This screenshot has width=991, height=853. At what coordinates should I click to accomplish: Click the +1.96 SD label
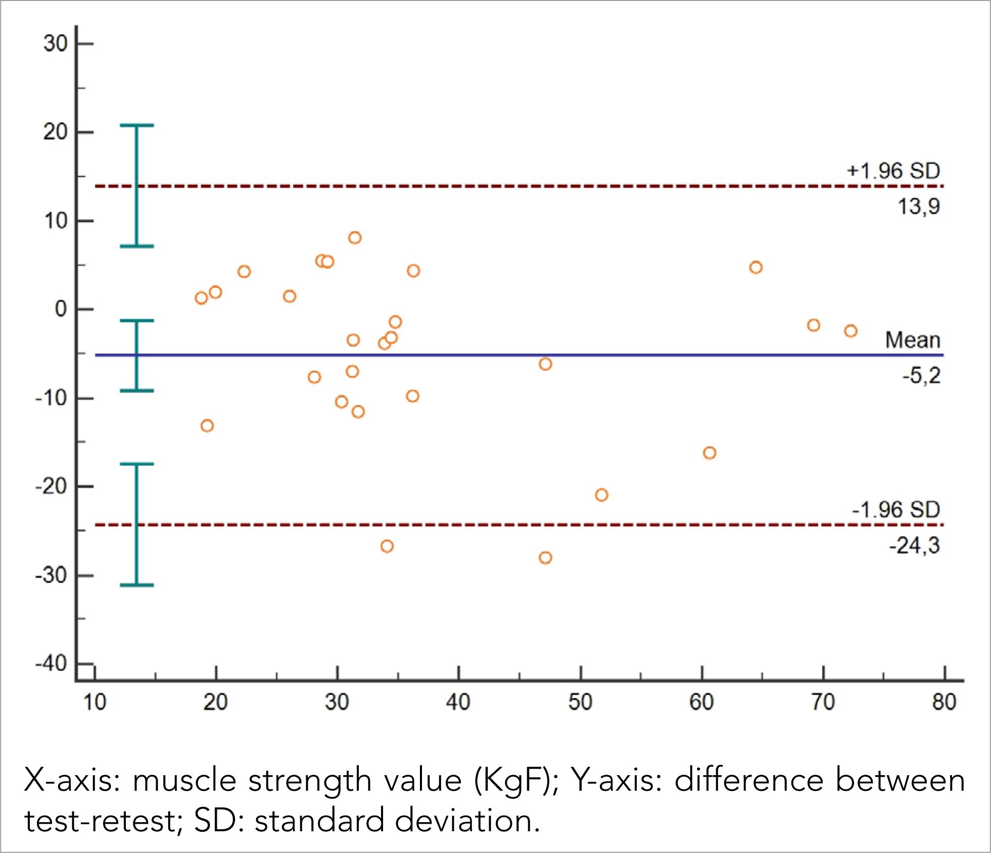[893, 171]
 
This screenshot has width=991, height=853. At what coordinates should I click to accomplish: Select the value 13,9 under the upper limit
[918, 207]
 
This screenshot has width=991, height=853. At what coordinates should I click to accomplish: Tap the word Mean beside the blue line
[912, 340]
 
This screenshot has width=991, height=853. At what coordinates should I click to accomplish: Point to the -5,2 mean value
[921, 376]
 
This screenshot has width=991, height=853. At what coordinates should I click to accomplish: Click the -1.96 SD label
[895, 509]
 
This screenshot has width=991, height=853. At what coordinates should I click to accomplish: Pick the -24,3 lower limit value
[914, 546]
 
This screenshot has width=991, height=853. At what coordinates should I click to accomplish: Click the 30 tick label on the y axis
[55, 44]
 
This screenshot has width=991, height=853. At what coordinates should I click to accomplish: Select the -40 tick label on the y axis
[51, 664]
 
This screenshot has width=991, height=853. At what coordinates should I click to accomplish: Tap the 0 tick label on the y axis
[61, 309]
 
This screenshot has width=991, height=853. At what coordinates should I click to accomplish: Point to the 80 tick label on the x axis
[944, 702]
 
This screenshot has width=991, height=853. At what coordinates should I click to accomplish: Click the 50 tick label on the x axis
[580, 702]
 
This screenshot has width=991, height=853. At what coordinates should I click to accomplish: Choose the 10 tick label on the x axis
[95, 702]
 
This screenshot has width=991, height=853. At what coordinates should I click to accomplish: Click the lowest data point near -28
[545, 558]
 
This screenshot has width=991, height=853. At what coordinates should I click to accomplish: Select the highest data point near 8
[355, 238]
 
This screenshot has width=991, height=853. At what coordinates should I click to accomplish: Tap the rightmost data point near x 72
[851, 331]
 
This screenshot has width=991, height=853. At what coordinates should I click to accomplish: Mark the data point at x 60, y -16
[710, 453]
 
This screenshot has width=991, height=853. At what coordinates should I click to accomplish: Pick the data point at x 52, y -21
[601, 495]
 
